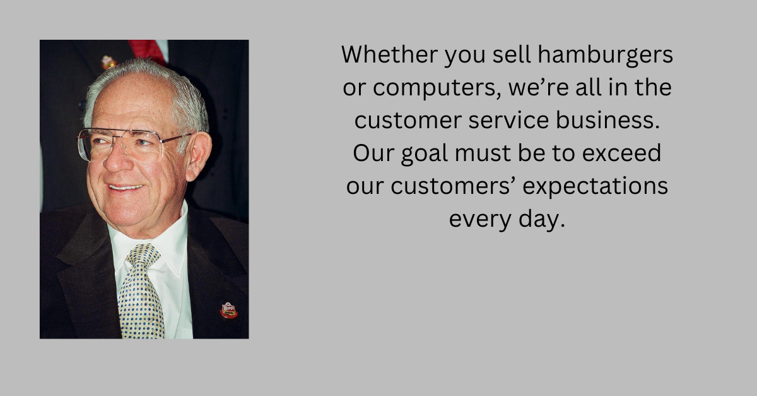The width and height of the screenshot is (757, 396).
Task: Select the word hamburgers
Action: (605, 56)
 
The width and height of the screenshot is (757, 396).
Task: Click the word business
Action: (607, 120)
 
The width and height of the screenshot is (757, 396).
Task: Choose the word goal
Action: (425, 154)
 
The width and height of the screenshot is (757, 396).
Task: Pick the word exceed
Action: (621, 153)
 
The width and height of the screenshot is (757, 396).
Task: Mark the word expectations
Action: (595, 187)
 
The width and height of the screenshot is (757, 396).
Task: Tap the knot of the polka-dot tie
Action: (143, 254)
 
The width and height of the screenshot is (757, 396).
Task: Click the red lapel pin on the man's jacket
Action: (229, 310)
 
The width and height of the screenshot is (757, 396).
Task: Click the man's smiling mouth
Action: (126, 187)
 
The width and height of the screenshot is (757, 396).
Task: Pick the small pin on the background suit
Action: (109, 63)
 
